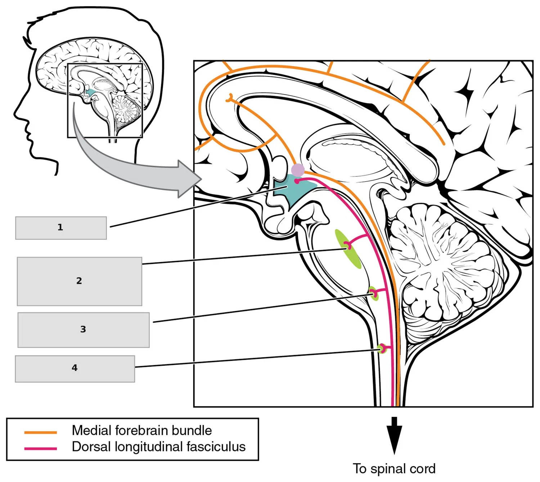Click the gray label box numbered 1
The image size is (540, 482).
[61, 228]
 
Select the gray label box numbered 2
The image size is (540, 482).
[80, 281]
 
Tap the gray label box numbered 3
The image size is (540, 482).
[84, 330]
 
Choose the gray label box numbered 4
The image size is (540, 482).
[75, 369]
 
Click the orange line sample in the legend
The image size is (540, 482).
[41, 432]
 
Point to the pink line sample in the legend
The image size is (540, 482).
[41, 449]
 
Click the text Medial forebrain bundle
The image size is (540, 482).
[142, 430]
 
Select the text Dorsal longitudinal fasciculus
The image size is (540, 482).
[159, 447]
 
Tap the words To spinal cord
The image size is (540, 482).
[394, 469]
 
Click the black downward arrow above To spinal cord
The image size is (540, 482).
[394, 435]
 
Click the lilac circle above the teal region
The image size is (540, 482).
[298, 170]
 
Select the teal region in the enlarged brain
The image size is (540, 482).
[292, 189]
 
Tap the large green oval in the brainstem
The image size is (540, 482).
[348, 249]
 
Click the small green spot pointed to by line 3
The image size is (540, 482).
[374, 294]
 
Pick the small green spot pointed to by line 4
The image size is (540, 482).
[382, 348]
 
